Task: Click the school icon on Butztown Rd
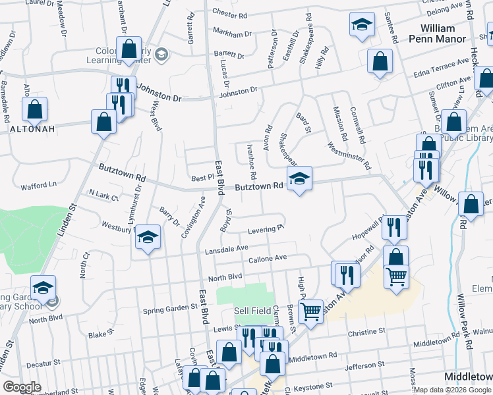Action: pyautogui.click(x=299, y=178)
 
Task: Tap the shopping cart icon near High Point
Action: pyautogui.click(x=310, y=312)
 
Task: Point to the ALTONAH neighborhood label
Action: pyautogui.click(x=27, y=129)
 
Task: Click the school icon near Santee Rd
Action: pyautogui.click(x=361, y=25)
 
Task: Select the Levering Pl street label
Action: pyautogui.click(x=266, y=229)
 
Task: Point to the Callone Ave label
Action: pyautogui.click(x=268, y=258)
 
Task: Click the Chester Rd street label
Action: pyautogui.click(x=231, y=14)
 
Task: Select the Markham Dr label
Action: pyautogui.click(x=232, y=33)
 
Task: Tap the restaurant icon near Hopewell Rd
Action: pyautogui.click(x=394, y=228)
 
